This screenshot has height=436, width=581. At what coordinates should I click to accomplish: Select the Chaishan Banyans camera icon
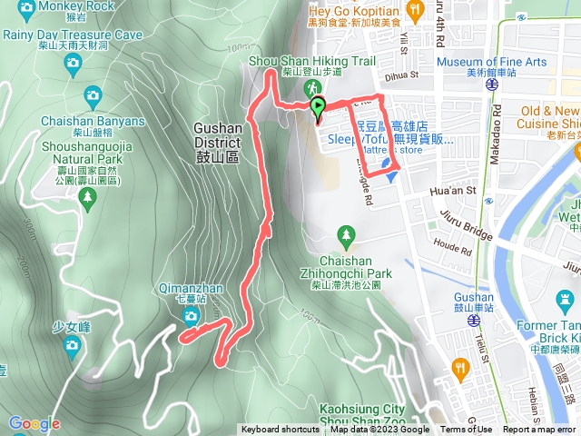(92, 95)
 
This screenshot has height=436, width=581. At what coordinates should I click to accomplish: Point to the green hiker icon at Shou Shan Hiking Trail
(311, 88)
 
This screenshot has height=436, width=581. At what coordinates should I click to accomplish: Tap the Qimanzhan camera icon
(190, 316)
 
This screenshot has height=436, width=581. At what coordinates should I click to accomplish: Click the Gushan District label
(217, 135)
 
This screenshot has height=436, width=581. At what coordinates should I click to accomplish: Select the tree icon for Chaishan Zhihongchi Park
(345, 236)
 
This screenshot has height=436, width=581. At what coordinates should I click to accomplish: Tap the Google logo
(34, 423)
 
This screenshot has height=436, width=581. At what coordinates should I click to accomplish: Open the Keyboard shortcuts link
(280, 430)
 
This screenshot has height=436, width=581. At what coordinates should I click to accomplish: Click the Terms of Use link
(466, 430)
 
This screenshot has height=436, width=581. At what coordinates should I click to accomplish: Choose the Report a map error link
(539, 430)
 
